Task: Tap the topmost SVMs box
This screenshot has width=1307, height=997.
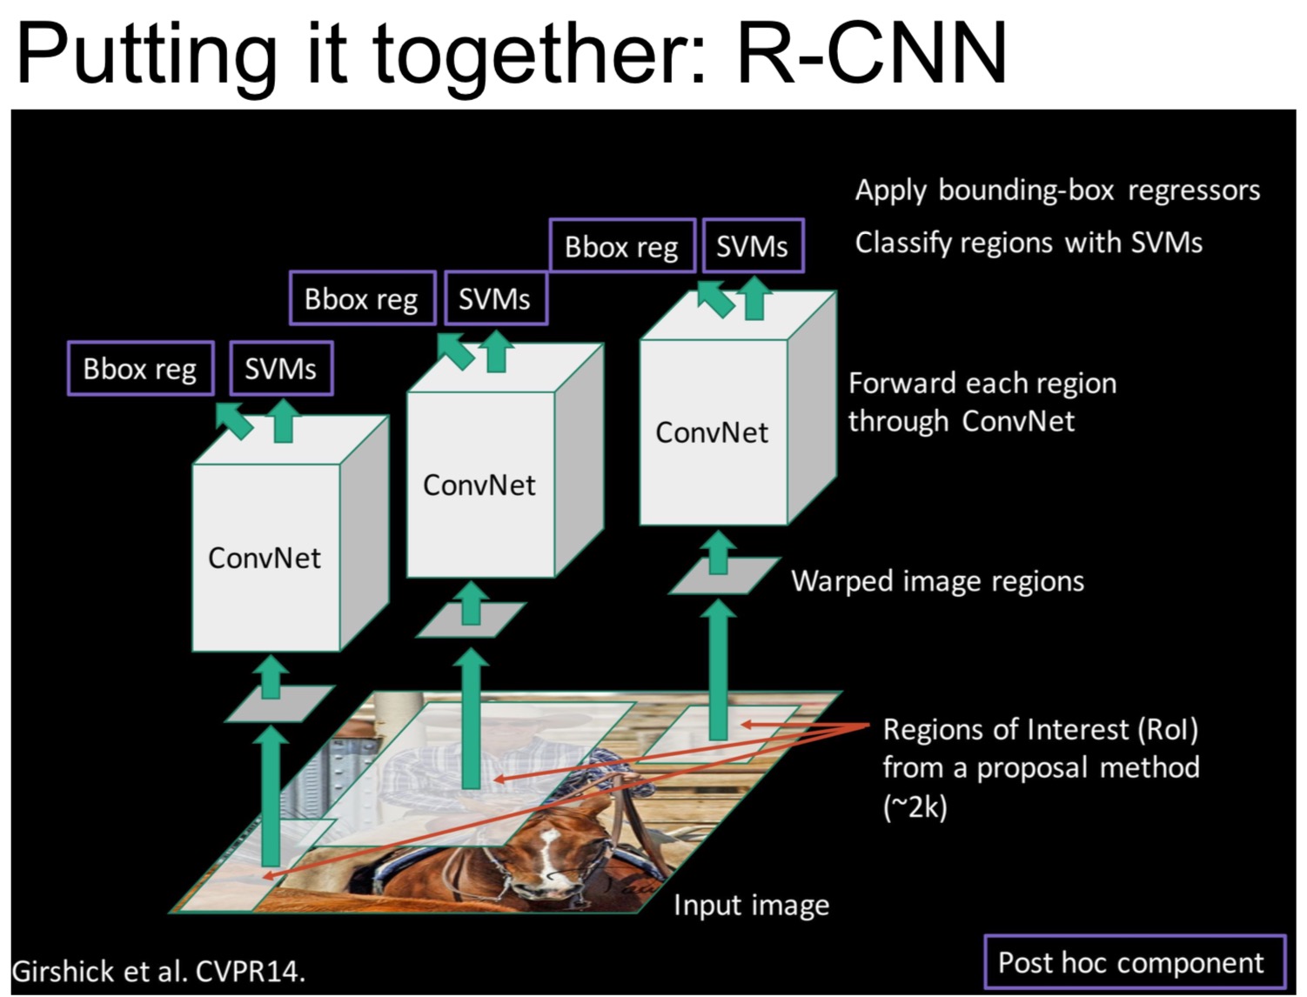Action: click(x=752, y=246)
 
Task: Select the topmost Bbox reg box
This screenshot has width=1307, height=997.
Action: click(x=621, y=246)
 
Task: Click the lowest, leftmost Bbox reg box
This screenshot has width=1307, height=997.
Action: click(x=140, y=369)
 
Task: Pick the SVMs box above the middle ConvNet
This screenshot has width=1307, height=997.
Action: click(x=494, y=299)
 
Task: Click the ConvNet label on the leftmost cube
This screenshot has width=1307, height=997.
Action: click(x=265, y=558)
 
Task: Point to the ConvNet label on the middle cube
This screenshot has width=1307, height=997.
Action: click(x=479, y=485)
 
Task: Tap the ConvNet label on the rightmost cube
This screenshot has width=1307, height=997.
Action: click(x=712, y=432)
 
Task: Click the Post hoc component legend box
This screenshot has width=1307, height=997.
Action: click(x=1134, y=962)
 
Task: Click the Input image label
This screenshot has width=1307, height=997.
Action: click(x=751, y=906)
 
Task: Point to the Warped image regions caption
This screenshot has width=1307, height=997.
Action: click(x=937, y=581)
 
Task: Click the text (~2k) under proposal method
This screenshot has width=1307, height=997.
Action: click(x=915, y=807)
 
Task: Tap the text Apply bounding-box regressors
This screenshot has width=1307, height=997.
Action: click(x=1057, y=191)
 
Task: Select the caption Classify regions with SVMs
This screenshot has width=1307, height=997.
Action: click(x=1029, y=243)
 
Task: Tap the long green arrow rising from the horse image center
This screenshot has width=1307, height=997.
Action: click(x=472, y=722)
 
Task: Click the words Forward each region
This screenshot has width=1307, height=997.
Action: click(x=982, y=384)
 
